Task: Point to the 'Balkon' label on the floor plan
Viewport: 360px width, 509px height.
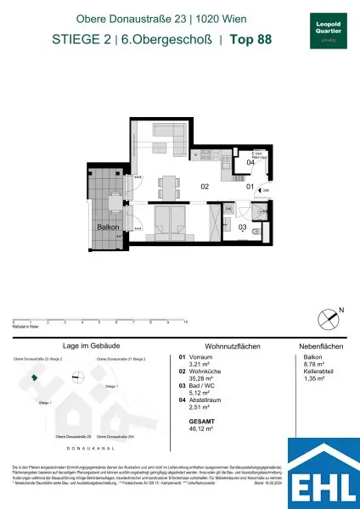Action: point(108,227)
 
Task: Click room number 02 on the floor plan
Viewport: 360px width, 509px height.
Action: point(205,187)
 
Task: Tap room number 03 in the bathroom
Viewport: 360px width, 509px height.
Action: point(241,227)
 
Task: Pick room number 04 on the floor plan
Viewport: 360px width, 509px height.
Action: point(250,161)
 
